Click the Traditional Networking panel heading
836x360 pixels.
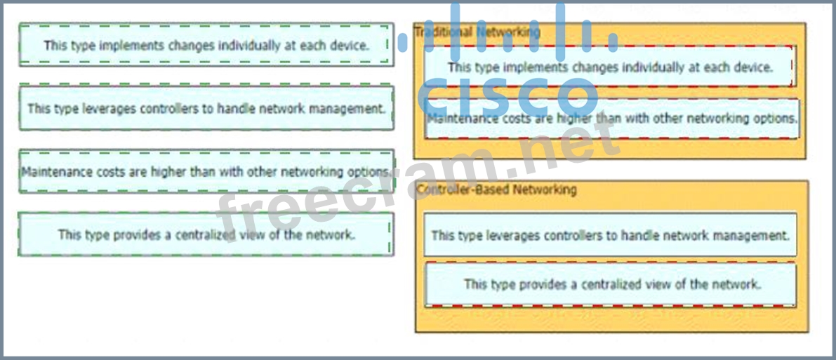477,32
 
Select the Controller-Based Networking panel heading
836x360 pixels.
496,189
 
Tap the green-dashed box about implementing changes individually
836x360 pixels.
206,45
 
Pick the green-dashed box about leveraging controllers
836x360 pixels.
206,108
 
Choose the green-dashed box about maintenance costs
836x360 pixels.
206,171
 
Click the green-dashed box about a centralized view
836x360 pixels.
206,234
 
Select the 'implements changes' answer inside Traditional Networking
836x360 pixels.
609,67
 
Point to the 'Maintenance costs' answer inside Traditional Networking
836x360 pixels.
611,119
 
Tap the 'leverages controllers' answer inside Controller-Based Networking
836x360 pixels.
610,235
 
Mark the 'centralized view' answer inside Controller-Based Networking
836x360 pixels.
611,284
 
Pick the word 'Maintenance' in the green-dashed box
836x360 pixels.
53,171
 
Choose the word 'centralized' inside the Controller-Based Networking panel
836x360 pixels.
598,284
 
